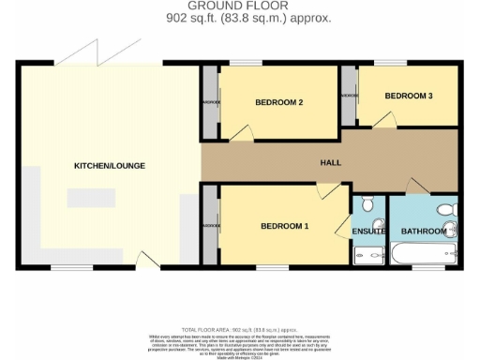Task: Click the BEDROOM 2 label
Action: point(280,103)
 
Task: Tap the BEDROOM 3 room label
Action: point(409,96)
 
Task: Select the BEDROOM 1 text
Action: point(284,226)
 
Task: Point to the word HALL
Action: point(329,162)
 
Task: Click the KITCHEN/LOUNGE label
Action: point(110,166)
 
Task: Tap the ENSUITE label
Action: point(368,231)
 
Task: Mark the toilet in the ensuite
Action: point(367,203)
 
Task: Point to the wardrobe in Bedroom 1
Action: point(211,226)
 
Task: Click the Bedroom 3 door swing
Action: point(381,119)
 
